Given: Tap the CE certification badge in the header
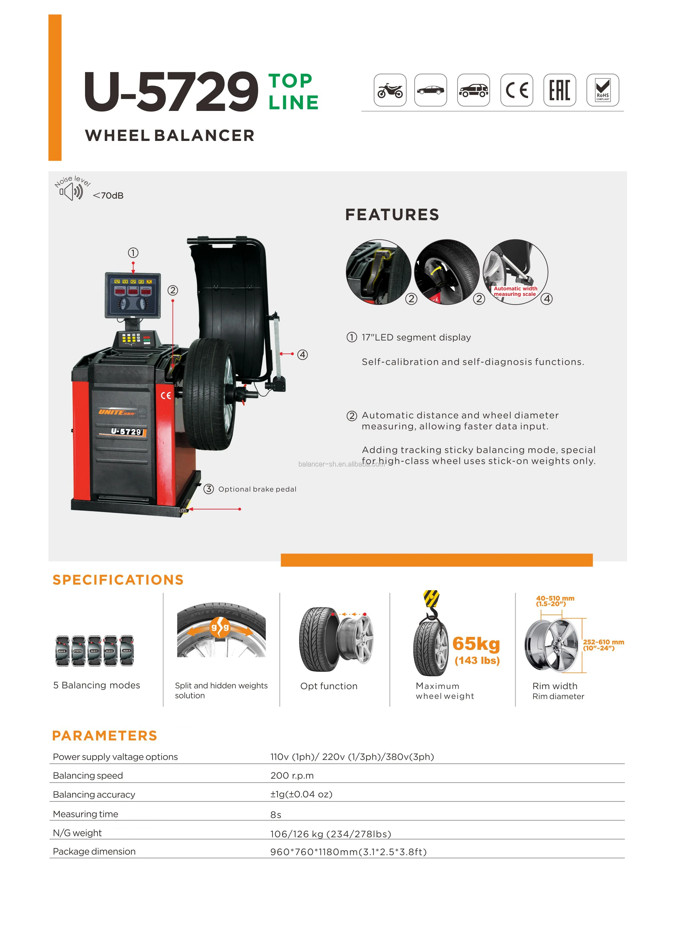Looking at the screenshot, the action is point(517,90).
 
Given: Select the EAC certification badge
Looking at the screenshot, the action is point(559,90).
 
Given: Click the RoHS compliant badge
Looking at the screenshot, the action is point(602,90).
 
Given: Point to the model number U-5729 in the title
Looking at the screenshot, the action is point(171,92).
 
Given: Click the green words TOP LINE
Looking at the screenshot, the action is point(293,92).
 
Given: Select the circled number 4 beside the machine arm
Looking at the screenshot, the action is point(303,354).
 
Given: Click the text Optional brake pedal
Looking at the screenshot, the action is point(257,489).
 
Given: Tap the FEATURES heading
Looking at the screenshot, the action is point(392,215).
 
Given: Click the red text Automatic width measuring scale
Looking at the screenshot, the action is point(515,291).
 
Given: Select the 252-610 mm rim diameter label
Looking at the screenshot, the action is point(603,645).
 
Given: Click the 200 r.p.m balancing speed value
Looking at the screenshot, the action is point(292,776).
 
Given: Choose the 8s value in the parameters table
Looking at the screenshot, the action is point(276,814).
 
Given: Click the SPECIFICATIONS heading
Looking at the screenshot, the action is point(118,580).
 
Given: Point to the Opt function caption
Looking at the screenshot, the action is point(329,686).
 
